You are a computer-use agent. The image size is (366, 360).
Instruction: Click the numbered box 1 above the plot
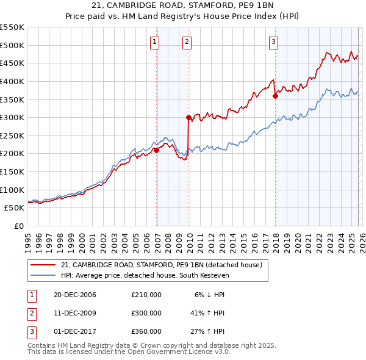coord(155,42)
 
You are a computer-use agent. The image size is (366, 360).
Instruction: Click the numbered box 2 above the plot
coord(187,42)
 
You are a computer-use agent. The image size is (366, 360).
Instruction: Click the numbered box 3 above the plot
coord(274,42)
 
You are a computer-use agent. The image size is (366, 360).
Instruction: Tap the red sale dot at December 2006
coord(157,150)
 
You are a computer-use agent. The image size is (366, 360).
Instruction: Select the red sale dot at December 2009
coord(188,117)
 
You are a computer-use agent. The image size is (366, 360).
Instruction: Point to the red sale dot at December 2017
coord(275,95)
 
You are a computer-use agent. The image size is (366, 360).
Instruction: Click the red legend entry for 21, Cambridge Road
coord(161,265)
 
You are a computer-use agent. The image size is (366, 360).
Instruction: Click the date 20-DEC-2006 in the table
coord(74,295)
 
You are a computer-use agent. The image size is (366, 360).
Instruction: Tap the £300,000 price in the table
coord(146,313)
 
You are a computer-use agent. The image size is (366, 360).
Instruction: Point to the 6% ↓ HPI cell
coord(210,295)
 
